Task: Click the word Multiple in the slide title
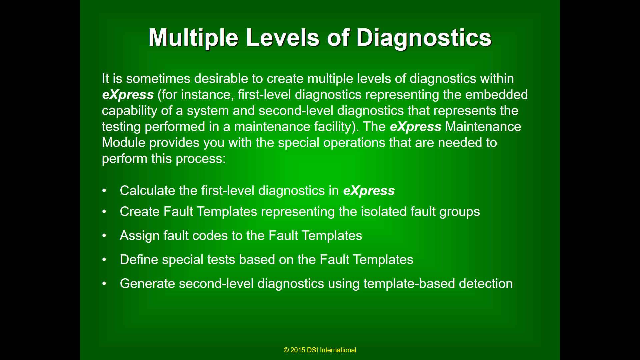(193, 38)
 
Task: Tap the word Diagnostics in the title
(424, 38)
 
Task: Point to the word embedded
(496, 95)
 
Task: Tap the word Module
(124, 143)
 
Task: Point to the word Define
(139, 260)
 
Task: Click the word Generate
(147, 284)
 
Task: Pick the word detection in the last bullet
(486, 284)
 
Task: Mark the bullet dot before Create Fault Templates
(104, 212)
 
